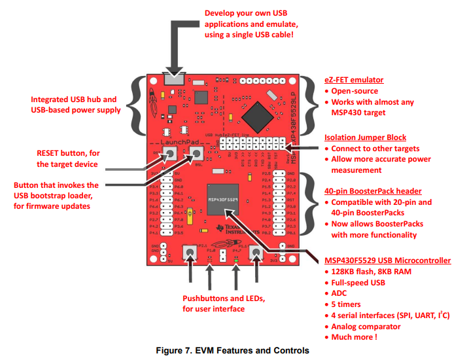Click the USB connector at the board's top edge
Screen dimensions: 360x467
point(171,79)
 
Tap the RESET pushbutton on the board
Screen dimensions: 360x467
point(169,154)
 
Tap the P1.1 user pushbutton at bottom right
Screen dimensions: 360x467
point(256,253)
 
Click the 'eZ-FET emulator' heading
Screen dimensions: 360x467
point(355,80)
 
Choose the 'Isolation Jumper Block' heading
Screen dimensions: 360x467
point(366,137)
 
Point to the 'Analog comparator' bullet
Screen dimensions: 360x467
point(366,327)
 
